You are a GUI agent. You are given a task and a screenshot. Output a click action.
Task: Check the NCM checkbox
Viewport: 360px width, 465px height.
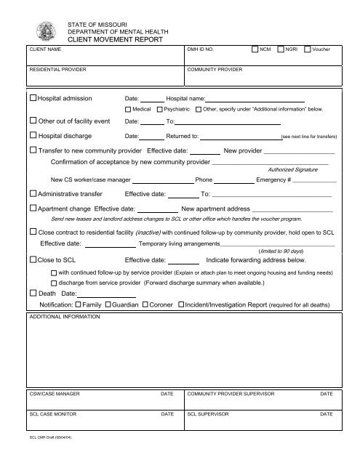click(x=255, y=49)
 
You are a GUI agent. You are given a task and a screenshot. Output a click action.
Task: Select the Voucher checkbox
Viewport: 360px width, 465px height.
click(x=308, y=49)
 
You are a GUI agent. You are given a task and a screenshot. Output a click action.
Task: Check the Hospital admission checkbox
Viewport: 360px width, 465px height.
click(x=33, y=97)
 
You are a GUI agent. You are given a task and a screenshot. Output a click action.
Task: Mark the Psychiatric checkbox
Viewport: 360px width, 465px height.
click(x=159, y=109)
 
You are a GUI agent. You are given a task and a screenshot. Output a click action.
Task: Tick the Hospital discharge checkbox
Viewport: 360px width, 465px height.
click(x=33, y=135)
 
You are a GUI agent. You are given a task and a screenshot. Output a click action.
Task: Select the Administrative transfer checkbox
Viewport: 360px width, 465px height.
click(x=33, y=194)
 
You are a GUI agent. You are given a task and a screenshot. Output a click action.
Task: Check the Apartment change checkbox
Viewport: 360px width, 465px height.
click(x=33, y=208)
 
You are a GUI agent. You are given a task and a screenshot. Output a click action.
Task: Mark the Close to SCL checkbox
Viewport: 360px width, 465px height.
click(x=33, y=259)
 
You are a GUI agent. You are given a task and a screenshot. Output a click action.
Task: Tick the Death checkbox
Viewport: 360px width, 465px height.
click(x=33, y=292)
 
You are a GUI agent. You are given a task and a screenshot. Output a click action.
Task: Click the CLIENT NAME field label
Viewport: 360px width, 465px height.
click(x=45, y=49)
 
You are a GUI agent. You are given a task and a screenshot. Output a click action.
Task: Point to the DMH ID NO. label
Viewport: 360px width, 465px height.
click(x=201, y=49)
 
